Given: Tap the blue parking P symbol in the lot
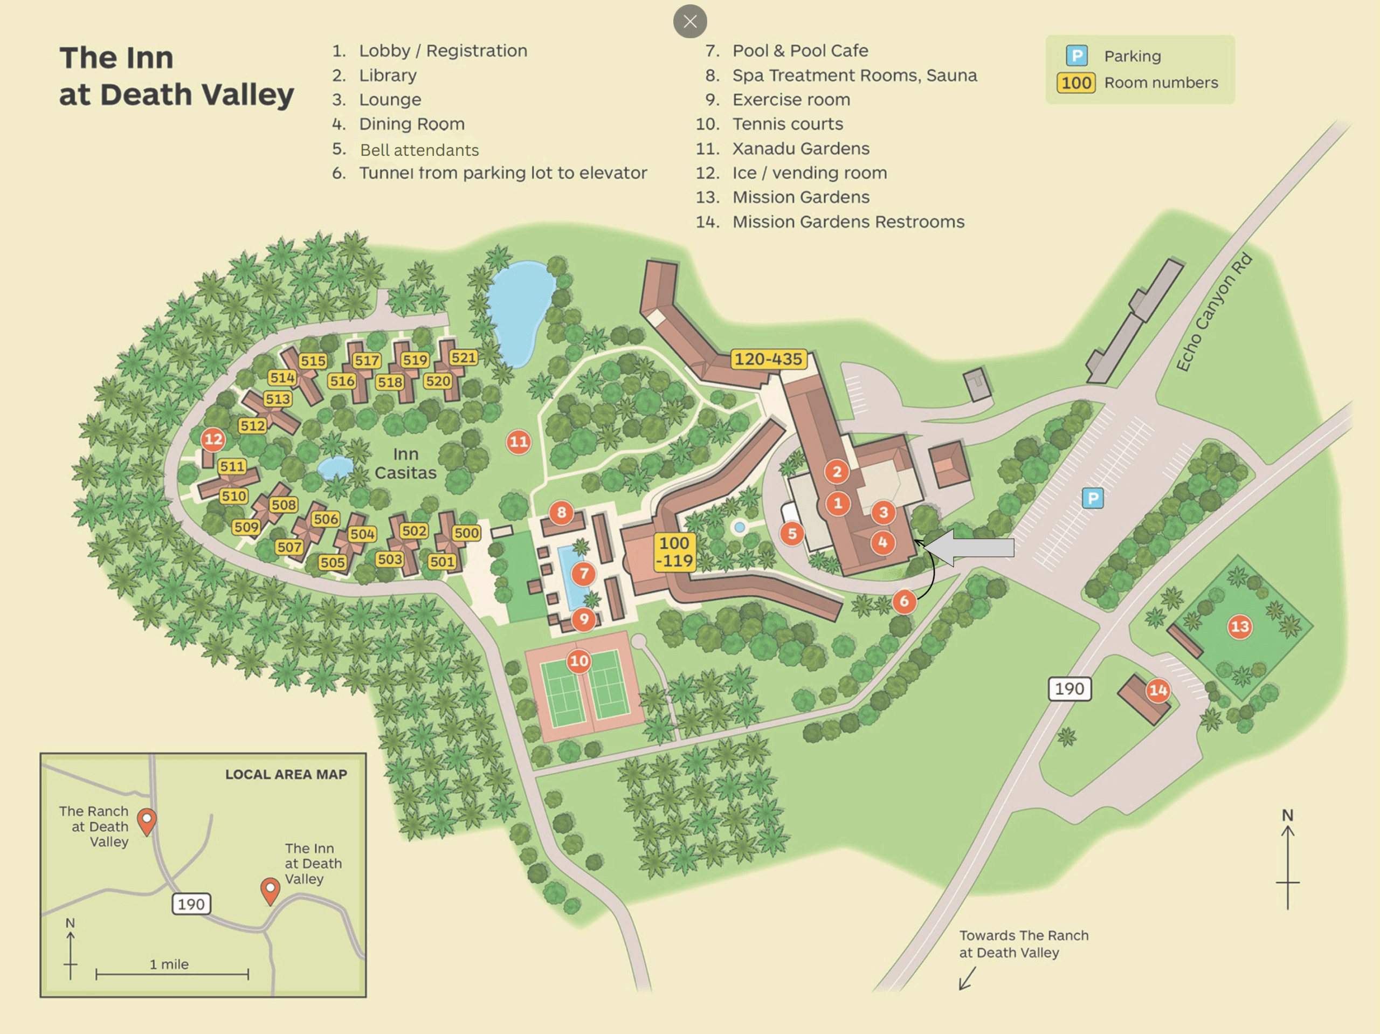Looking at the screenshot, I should (x=1092, y=498).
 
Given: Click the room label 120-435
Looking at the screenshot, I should (x=768, y=359).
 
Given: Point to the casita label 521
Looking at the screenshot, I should (x=464, y=357).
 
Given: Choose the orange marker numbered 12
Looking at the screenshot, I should (x=213, y=439).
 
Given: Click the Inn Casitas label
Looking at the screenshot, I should (x=405, y=463).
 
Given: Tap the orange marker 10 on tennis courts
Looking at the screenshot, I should (x=578, y=661).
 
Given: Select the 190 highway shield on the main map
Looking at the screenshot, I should (x=1069, y=689).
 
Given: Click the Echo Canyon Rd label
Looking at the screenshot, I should (x=1213, y=312).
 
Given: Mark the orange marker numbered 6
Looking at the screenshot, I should (x=904, y=601).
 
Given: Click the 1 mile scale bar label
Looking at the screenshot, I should (x=169, y=964).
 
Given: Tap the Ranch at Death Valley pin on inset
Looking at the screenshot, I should (x=147, y=820).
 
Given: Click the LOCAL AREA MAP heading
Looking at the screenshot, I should (x=286, y=774).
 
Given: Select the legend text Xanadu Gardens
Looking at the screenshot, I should (x=801, y=148).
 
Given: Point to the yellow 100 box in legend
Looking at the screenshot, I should (x=1075, y=83).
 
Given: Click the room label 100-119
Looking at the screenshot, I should (x=674, y=552).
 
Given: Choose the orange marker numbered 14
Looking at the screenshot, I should (x=1158, y=690).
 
